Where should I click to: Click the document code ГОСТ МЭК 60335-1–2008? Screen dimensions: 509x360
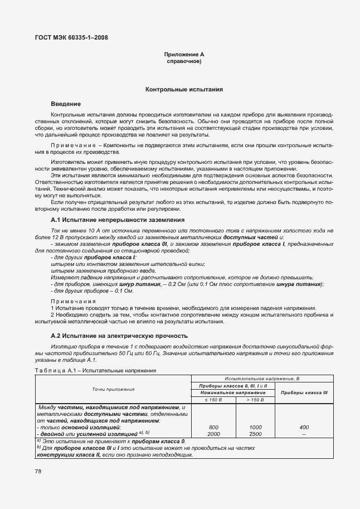pos(72,38)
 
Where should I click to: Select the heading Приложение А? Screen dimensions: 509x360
pos(184,54)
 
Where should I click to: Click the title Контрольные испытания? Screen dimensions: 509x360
pos(184,89)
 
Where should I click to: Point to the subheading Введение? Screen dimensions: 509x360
pos(66,104)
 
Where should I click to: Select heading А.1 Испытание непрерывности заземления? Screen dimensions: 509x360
pos(117,220)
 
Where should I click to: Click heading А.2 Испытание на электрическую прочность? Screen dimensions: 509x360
pos(119,336)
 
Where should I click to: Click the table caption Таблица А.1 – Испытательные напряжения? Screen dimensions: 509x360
pos(111,370)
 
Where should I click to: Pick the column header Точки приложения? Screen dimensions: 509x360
pos(114,389)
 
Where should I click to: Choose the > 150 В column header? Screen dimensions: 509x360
pos(255,400)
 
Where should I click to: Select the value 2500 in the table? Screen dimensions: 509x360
pos(255,433)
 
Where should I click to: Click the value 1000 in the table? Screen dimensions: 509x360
pos(255,427)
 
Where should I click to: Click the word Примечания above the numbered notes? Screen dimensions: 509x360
pos(73,302)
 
